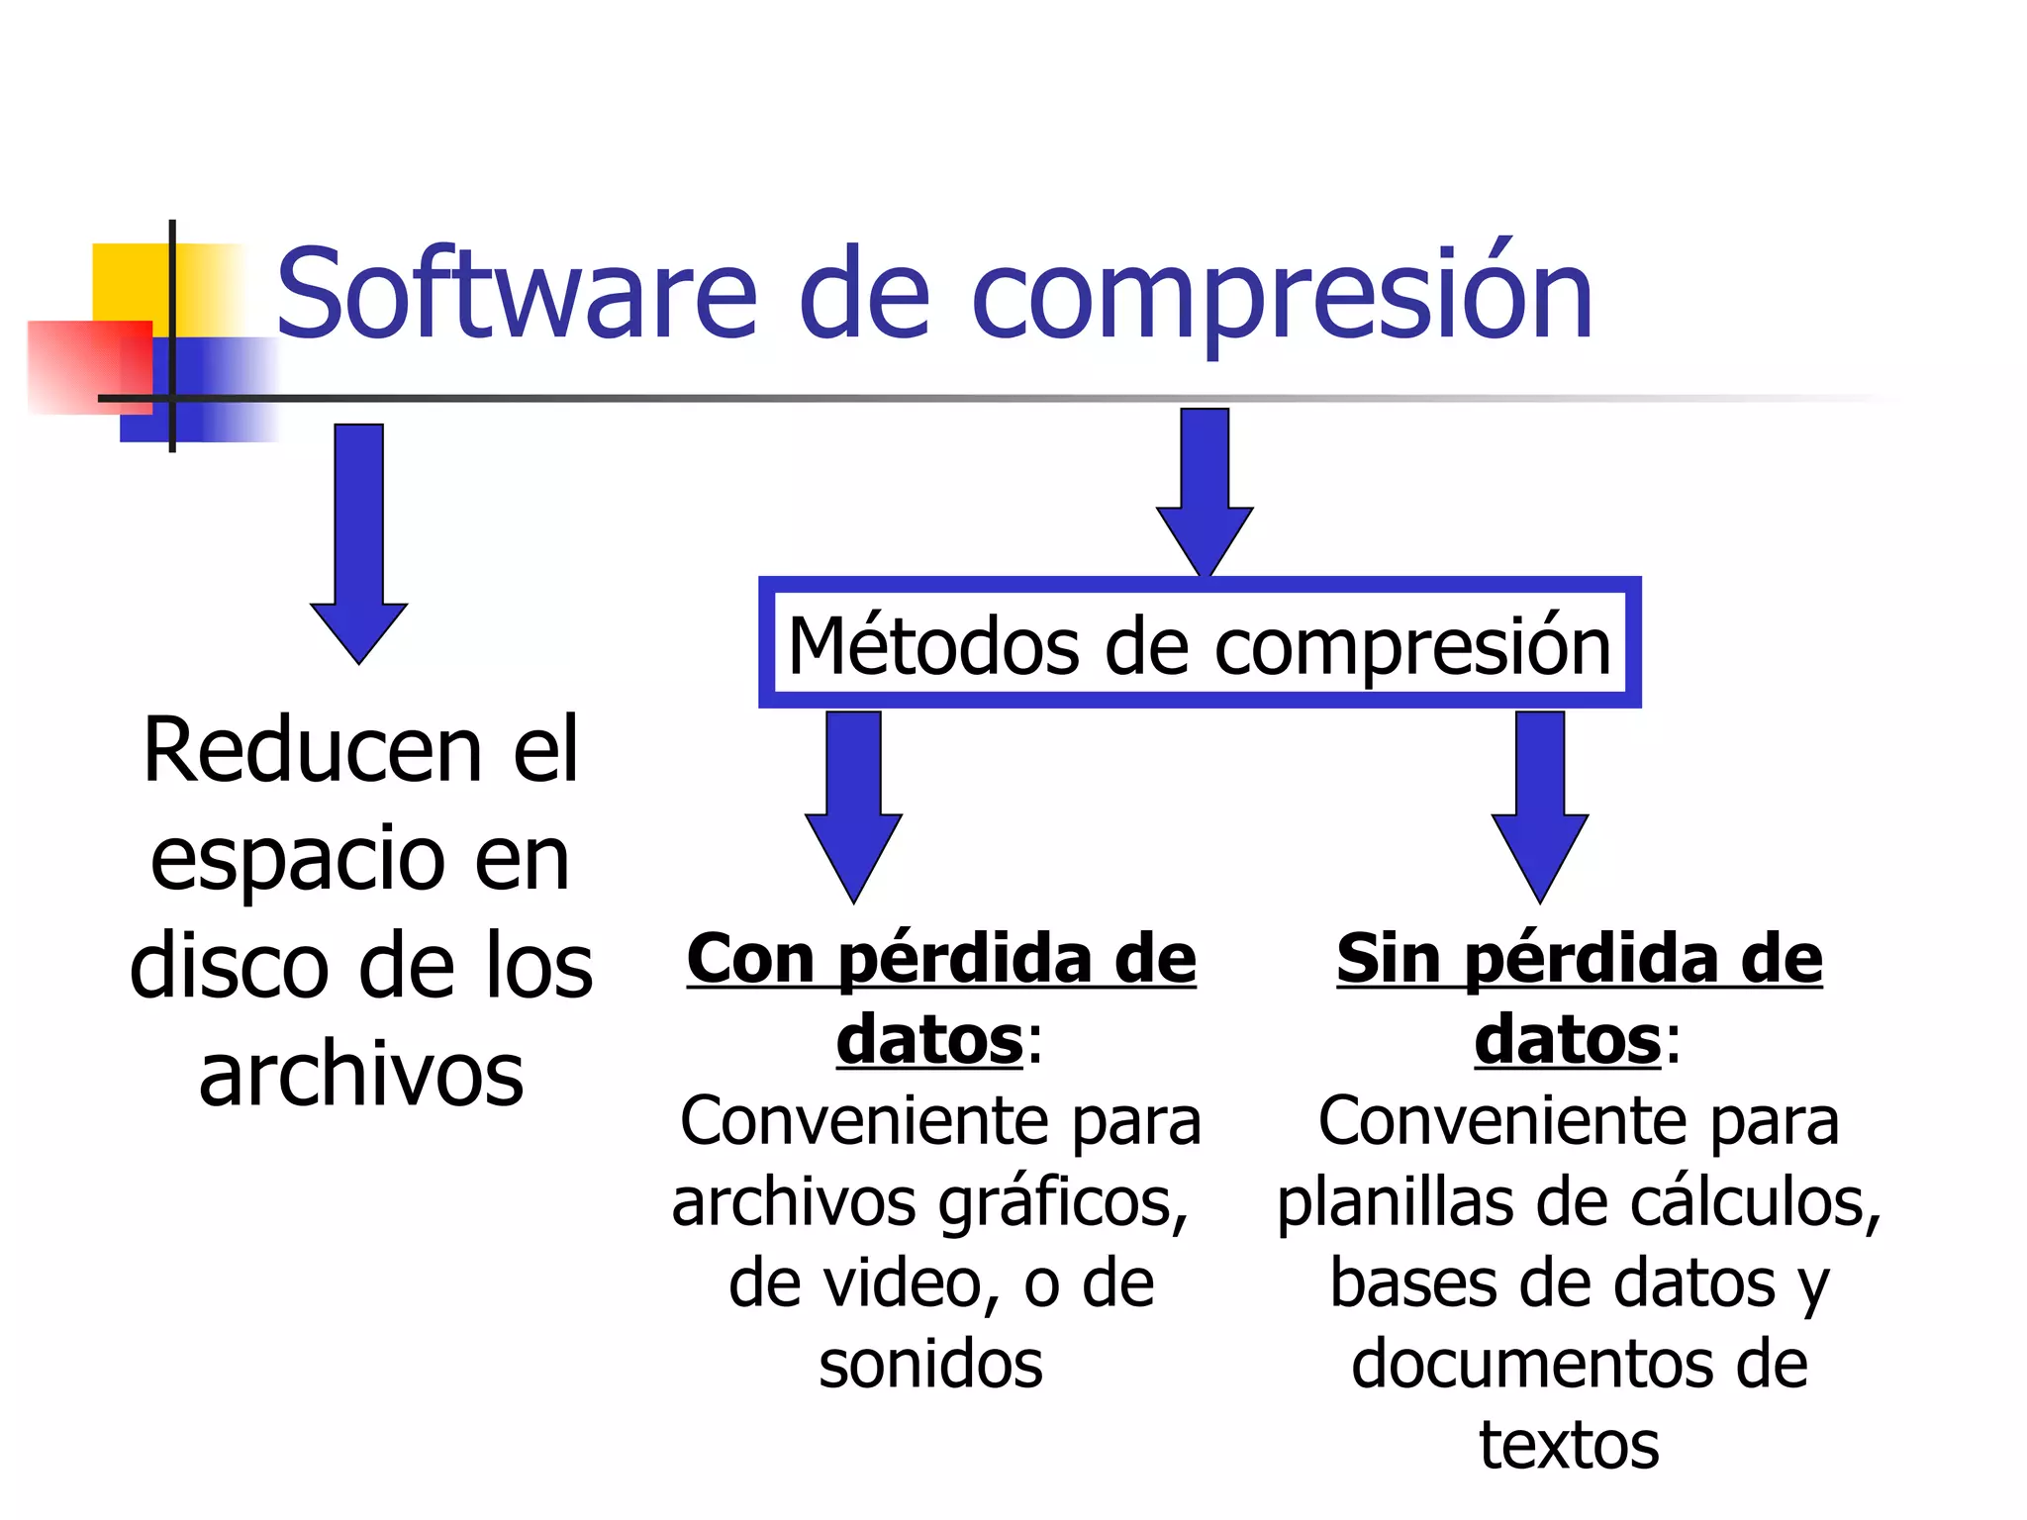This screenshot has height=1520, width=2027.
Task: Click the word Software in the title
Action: pyautogui.click(x=516, y=294)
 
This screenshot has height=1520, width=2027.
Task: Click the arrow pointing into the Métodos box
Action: pyautogui.click(x=1205, y=490)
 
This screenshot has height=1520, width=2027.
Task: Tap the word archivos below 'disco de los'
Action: pyautogui.click(x=361, y=1076)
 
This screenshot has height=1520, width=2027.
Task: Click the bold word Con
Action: pyautogui.click(x=751, y=959)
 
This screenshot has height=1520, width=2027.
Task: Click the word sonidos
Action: pyautogui.click(x=930, y=1365)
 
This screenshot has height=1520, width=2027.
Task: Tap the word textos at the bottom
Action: pyautogui.click(x=1569, y=1446)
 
